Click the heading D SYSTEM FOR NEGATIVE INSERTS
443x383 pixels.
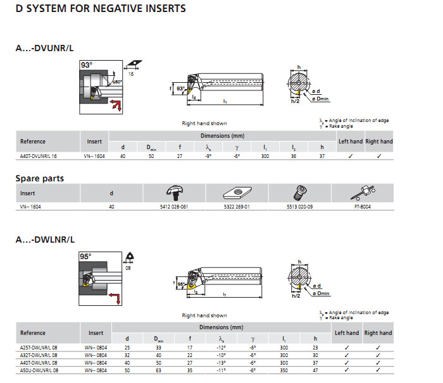coord(101,8)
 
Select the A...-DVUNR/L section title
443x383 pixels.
coord(46,49)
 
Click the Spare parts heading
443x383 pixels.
coord(40,178)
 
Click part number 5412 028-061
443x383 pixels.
coord(174,206)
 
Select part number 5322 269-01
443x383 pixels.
coord(237,206)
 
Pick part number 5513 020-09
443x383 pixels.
coord(299,206)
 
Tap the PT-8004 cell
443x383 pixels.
coord(362,206)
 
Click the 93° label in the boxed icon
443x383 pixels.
coord(86,65)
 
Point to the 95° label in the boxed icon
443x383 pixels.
coord(86,257)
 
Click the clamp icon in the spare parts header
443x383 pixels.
coord(174,192)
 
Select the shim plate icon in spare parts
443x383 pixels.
coord(237,192)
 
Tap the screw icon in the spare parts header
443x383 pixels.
coord(299,192)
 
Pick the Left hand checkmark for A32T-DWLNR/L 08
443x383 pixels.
coord(346,355)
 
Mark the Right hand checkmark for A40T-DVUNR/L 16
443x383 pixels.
coord(378,155)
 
